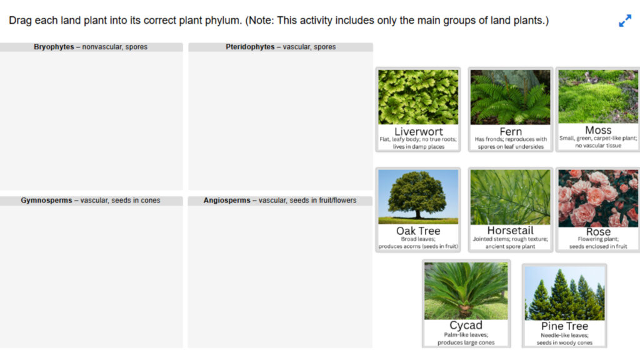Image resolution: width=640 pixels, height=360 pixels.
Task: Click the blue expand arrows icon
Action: point(625,21)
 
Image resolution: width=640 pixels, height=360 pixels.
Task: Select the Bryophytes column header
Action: point(91,47)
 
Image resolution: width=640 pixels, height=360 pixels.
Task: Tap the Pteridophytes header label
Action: point(281,47)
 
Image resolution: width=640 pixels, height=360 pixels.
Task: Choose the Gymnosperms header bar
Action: point(91,201)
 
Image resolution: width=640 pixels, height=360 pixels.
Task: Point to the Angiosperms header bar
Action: point(280,201)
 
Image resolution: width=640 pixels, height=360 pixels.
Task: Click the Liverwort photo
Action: point(418,97)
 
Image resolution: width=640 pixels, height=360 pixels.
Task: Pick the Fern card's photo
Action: point(510,97)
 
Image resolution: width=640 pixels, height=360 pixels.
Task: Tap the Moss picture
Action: point(598,96)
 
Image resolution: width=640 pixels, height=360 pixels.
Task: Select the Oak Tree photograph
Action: point(418,197)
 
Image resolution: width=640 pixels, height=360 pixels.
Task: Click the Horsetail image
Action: point(510,197)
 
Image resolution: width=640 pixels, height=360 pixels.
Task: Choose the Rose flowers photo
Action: point(598,197)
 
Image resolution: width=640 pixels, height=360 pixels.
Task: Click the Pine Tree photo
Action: point(564,292)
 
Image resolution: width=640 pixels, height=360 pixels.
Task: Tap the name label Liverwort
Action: point(418,131)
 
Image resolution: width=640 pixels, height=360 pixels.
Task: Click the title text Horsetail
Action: point(510,231)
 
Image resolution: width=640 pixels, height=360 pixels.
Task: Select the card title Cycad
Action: point(466,325)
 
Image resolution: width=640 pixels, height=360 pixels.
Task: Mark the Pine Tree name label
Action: point(564,326)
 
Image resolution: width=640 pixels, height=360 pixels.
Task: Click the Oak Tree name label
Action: point(418,231)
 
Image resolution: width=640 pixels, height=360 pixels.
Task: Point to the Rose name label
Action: point(598,232)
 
